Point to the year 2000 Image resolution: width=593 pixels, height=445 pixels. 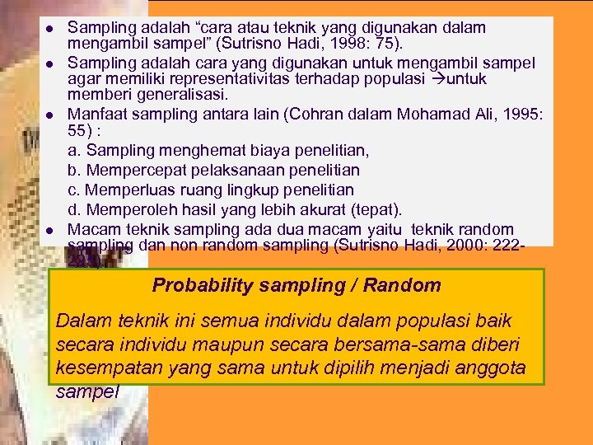tap(465, 244)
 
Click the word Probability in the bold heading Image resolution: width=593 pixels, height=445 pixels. tap(196, 286)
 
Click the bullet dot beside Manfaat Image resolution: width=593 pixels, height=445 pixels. tap(49, 115)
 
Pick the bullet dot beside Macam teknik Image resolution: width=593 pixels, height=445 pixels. tap(49, 231)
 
